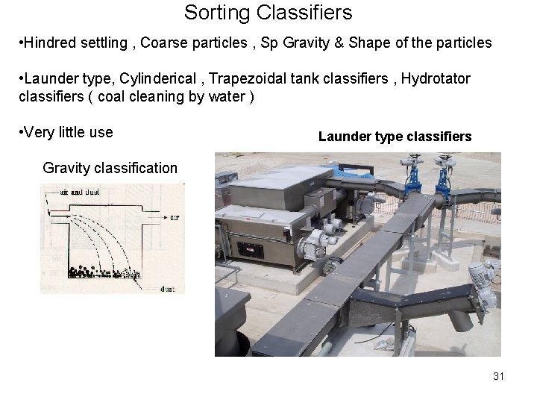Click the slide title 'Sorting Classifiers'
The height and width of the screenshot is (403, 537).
(268, 13)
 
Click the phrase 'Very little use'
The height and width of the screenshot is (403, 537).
(68, 133)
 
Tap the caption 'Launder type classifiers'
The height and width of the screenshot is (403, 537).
(395, 137)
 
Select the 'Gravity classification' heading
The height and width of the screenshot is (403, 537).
(110, 168)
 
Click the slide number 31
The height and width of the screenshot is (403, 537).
(499, 376)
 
